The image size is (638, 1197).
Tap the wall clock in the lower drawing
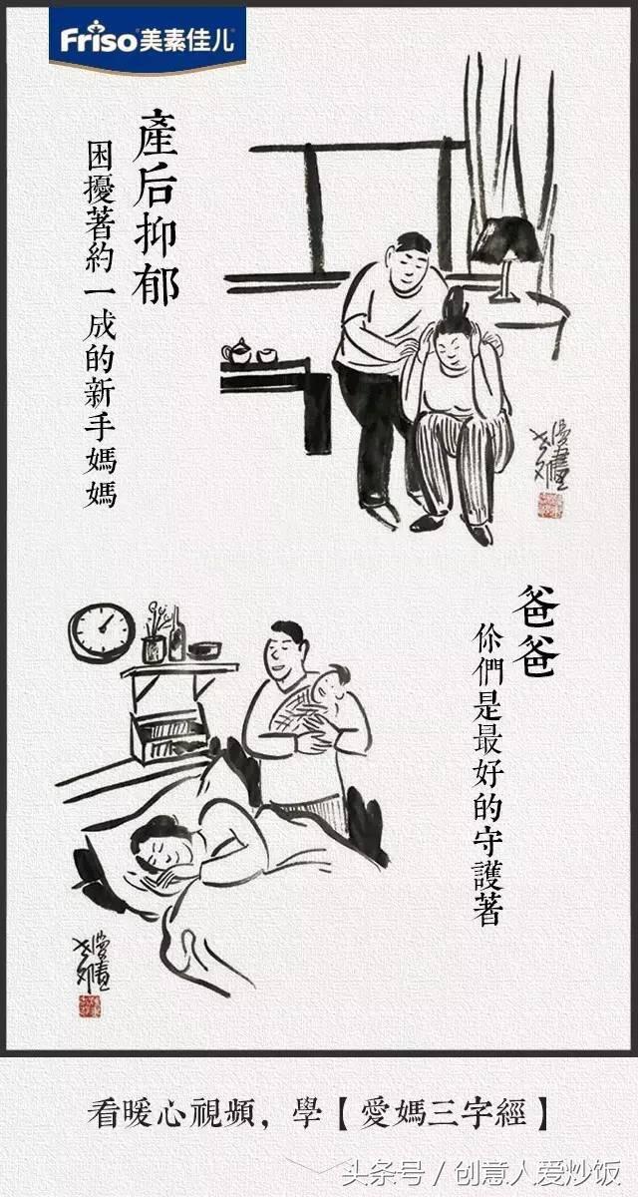101,630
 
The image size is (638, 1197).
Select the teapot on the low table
237,351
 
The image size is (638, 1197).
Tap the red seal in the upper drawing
550,505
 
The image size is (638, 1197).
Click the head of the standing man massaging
411,261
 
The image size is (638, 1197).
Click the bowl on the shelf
204,650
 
